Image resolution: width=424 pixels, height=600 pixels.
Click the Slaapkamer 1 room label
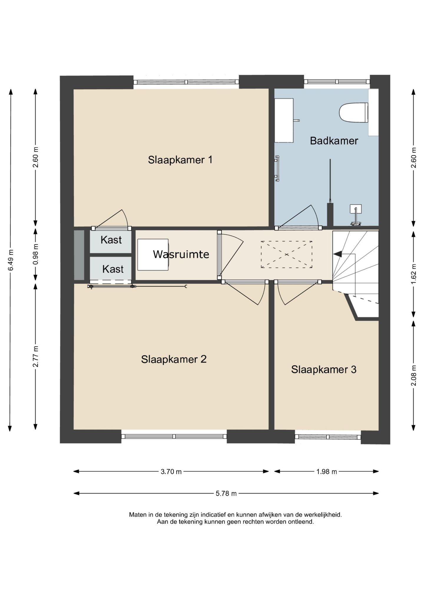click(180, 160)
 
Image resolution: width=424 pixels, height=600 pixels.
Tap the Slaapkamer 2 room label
click(174, 359)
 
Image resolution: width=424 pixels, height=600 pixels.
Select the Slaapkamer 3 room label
click(324, 370)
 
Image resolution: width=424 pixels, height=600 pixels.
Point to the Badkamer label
click(334, 141)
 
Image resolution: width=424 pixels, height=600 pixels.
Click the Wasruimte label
click(181, 254)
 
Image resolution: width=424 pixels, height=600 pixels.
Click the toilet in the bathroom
click(353, 112)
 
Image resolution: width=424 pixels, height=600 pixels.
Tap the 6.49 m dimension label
click(11, 260)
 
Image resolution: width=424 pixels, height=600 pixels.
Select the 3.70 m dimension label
click(171, 472)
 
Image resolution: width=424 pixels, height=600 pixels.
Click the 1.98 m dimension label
click(327, 472)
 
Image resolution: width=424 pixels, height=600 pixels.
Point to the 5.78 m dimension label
click(226, 493)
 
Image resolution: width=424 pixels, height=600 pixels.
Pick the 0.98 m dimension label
click(35, 254)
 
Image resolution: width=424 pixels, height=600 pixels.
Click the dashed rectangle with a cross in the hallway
click(286, 254)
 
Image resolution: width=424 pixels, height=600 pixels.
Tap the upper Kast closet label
click(111, 240)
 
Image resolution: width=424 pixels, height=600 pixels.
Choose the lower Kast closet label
click(113, 269)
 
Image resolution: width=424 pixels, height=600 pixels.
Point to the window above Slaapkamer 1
click(186, 82)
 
